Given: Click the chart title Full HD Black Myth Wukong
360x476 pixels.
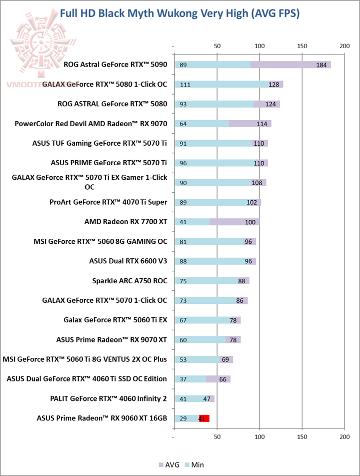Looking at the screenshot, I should click(x=179, y=14).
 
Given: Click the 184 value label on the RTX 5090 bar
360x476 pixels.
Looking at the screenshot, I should click(x=321, y=65).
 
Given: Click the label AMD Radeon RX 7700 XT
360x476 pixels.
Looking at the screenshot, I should click(x=125, y=222).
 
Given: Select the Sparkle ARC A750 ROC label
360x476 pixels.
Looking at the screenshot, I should click(x=129, y=281).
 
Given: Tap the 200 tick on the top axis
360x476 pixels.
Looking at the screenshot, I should click(x=344, y=46).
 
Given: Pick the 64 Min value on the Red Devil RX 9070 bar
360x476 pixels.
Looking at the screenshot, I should click(x=182, y=124).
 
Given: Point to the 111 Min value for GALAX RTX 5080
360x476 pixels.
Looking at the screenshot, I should click(x=184, y=85).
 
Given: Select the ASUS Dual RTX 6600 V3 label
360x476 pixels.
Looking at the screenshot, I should click(x=128, y=261).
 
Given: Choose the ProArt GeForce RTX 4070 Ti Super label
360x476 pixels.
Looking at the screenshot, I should click(x=108, y=202).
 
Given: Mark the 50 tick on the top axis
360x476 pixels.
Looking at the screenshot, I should click(x=217, y=46).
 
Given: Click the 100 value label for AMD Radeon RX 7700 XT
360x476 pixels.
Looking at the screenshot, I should click(x=250, y=222).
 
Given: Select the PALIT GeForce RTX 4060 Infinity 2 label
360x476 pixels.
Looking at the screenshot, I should click(x=108, y=398).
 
